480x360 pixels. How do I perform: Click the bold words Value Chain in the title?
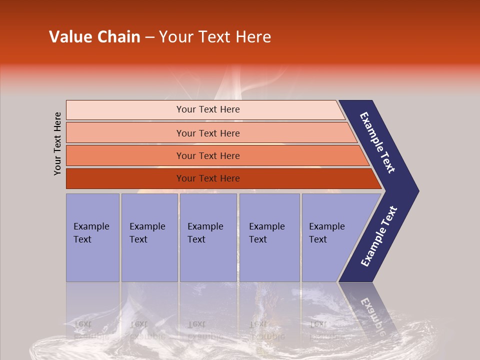point(94,37)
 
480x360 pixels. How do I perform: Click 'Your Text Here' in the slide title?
point(215,37)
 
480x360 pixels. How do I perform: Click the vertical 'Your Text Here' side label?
point(57,143)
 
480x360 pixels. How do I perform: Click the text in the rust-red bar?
point(208,178)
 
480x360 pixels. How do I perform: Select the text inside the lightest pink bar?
point(208,109)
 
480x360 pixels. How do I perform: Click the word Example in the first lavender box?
point(91,226)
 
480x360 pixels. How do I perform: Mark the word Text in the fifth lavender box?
point(318,239)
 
